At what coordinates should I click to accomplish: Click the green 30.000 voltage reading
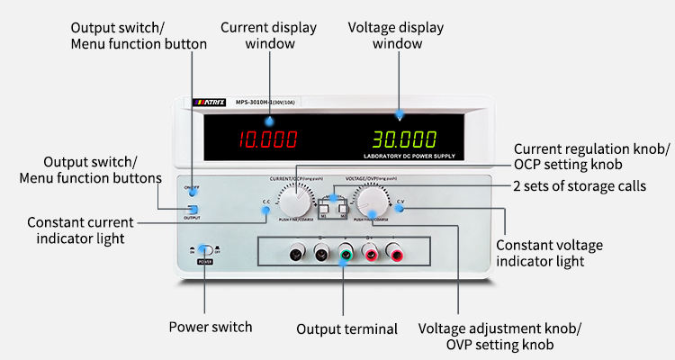(x=406, y=139)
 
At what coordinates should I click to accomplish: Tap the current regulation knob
(x=295, y=201)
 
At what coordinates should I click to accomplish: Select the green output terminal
(x=346, y=256)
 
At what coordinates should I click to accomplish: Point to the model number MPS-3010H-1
(x=262, y=102)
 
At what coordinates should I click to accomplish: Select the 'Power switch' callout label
(x=211, y=327)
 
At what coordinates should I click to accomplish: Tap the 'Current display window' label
(x=268, y=35)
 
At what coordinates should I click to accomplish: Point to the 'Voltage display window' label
(x=397, y=35)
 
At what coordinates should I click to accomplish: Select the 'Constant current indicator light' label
(x=80, y=229)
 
